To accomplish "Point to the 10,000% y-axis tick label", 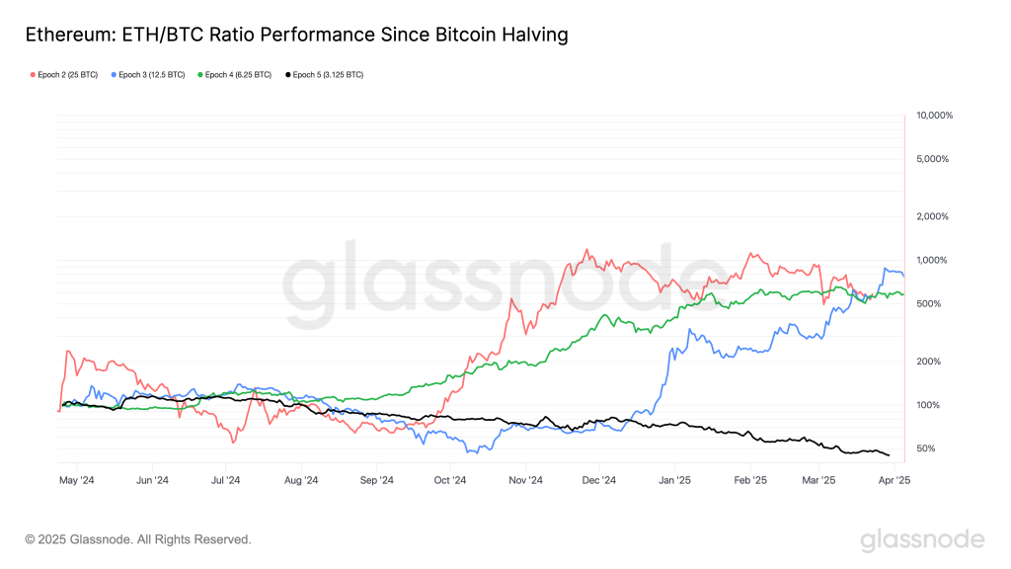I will (x=934, y=116).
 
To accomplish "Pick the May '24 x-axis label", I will (x=76, y=481).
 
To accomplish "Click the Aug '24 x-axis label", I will (x=300, y=481).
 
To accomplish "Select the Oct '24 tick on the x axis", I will (x=449, y=481).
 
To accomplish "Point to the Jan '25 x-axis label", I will (x=674, y=481).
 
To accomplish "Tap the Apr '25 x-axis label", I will (x=895, y=481).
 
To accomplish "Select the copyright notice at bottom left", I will (x=138, y=539).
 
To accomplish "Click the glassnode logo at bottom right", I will (x=921, y=539).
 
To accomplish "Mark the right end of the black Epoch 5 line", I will (x=889, y=455).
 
